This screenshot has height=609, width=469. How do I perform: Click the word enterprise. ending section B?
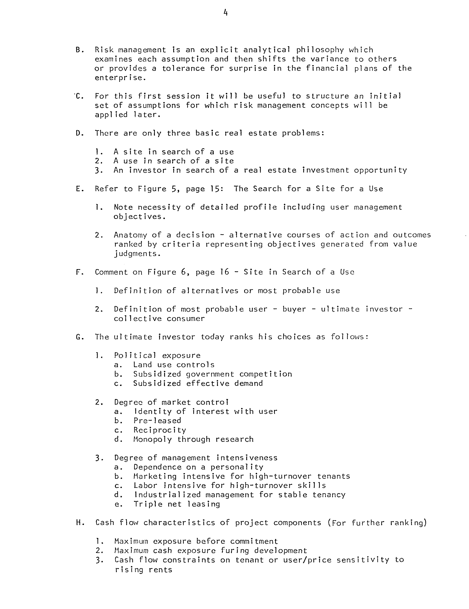(120, 78)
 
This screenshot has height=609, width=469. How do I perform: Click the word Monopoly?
(152, 439)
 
